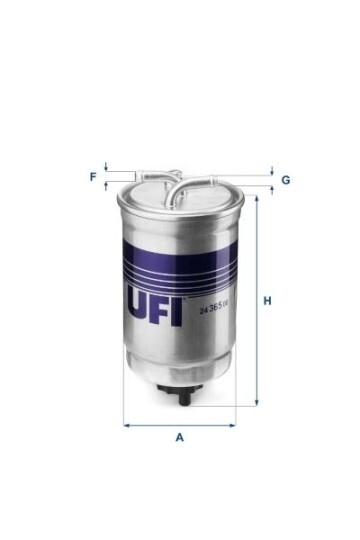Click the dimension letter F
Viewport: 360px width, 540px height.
pos(93,177)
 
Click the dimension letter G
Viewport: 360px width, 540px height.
pos(285,180)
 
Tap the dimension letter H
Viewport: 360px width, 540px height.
pos(267,300)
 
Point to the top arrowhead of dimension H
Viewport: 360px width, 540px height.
pos(256,198)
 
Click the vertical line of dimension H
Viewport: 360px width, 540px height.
pos(256,300)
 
